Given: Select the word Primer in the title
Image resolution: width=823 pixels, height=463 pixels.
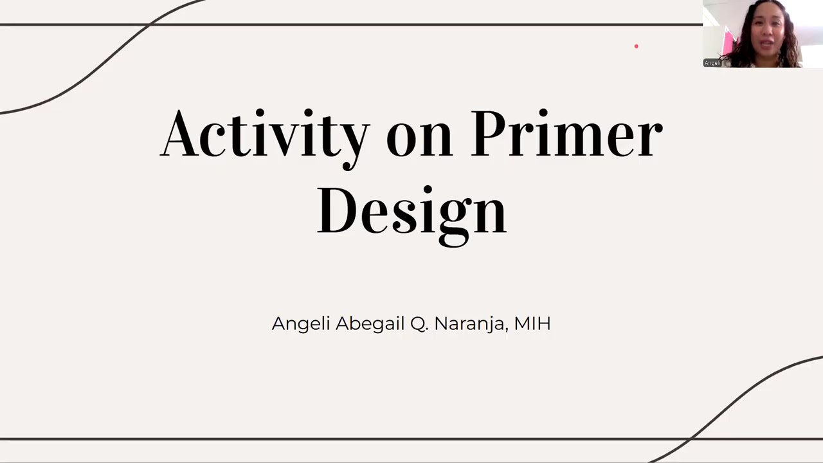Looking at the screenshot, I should pyautogui.click(x=566, y=134).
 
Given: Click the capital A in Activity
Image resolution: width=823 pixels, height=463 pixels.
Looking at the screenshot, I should pyautogui.click(x=179, y=134).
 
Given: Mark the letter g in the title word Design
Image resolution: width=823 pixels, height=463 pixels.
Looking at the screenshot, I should pyautogui.click(x=454, y=219).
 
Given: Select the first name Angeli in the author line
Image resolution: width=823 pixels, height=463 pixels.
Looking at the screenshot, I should pyautogui.click(x=301, y=323).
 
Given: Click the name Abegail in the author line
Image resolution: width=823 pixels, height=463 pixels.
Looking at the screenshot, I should pyautogui.click(x=370, y=323).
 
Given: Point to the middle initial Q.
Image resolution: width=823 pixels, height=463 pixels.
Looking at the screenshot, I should pyautogui.click(x=419, y=323).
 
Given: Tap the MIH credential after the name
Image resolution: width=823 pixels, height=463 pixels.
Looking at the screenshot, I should pyautogui.click(x=532, y=323).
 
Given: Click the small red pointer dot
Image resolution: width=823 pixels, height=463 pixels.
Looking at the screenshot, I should pyautogui.click(x=637, y=46).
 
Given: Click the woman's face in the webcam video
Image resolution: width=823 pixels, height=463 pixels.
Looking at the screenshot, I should pyautogui.click(x=765, y=32).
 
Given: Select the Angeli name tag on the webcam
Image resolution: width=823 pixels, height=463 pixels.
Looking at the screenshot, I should pyautogui.click(x=712, y=63).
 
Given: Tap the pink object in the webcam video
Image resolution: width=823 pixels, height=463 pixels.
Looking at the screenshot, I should pyautogui.click(x=728, y=42).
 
